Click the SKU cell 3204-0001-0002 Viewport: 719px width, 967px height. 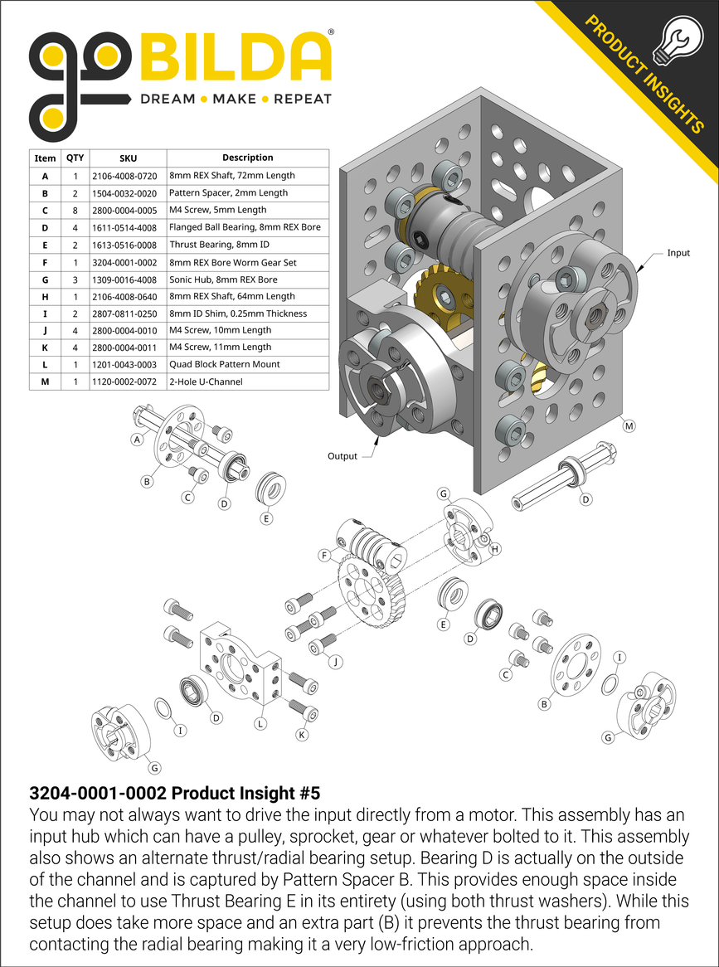(x=128, y=262)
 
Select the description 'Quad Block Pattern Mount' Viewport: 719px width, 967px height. (x=224, y=365)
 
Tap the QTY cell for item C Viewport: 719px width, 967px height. (x=75, y=210)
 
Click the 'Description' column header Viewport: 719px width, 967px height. (x=247, y=158)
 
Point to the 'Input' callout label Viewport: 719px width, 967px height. (x=678, y=253)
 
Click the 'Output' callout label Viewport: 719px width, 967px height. (x=342, y=456)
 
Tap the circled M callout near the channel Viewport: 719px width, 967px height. (x=629, y=426)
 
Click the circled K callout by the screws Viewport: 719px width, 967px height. (x=302, y=735)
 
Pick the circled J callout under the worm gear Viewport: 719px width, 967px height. (x=335, y=662)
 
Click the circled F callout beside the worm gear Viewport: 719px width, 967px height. (x=323, y=554)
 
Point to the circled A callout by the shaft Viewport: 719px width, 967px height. (x=137, y=440)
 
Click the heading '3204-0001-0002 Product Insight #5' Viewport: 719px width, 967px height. (x=174, y=791)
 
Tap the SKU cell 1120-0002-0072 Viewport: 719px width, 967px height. (x=128, y=381)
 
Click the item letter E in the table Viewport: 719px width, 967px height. (x=45, y=245)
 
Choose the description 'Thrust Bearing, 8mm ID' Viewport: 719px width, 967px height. (x=220, y=245)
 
